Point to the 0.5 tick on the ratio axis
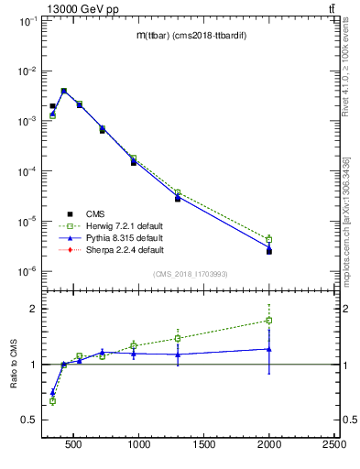pyautogui.click(x=29, y=420)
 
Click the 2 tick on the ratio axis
pyautogui.click(x=33, y=309)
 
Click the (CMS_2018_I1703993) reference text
pyautogui.click(x=190, y=274)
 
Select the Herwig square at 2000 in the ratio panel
pyautogui.click(x=269, y=321)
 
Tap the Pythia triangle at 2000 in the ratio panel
pyautogui.click(x=269, y=348)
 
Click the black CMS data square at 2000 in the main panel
pyautogui.click(x=269, y=251)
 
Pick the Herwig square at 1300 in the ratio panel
pyautogui.click(x=178, y=338)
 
